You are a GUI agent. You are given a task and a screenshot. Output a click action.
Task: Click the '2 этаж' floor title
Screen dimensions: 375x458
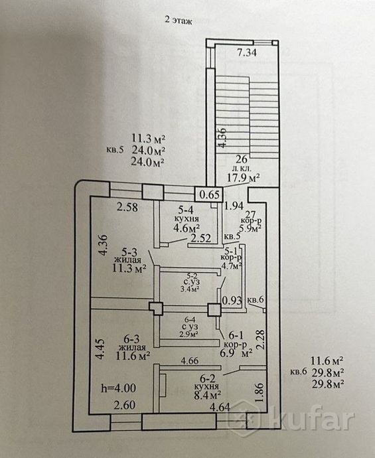pos(178,21)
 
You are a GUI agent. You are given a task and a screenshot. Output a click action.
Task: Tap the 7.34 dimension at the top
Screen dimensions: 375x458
pos(247,52)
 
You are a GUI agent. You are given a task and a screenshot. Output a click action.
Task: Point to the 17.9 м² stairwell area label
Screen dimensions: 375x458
pos(244,178)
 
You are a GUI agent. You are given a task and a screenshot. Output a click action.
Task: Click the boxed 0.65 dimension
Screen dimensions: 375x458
pos(210,194)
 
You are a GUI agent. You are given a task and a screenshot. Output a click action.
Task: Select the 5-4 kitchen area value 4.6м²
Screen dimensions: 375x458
pos(183,228)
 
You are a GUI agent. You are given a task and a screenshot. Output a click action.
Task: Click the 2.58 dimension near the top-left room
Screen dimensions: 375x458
pos(127,207)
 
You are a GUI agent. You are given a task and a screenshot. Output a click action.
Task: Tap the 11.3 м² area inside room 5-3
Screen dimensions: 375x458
pos(129,268)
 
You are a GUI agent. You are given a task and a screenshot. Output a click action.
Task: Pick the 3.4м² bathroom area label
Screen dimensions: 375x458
pos(190,289)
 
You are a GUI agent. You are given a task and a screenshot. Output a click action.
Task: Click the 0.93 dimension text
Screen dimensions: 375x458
pos(232,301)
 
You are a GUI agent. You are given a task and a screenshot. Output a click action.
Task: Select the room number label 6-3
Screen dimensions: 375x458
pos(131,339)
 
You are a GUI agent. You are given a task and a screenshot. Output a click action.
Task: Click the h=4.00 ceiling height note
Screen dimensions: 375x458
pos(118,388)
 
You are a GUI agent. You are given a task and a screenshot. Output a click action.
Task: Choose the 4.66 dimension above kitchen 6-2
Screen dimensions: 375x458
pos(190,361)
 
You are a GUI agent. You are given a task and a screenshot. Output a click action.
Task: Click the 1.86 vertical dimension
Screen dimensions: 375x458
pos(260,393)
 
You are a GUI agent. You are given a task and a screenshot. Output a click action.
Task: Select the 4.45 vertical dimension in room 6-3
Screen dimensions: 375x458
pos(100,348)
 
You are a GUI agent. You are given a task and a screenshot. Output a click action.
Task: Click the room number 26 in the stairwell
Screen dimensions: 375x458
pos(242,159)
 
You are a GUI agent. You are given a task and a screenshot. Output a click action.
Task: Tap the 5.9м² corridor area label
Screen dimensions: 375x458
pos(250,228)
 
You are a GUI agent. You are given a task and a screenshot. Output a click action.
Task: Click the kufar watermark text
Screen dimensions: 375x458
pos(313,419)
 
